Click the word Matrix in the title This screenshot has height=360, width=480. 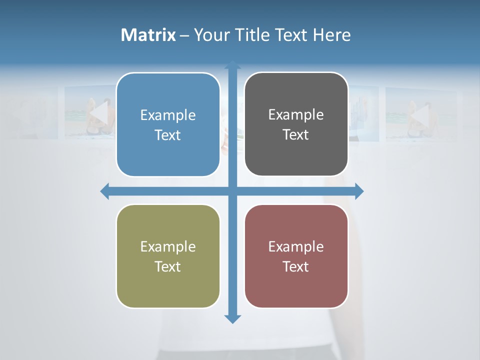[148, 35]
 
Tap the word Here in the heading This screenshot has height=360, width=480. [331, 35]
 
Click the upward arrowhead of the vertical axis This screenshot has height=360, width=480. [232, 65]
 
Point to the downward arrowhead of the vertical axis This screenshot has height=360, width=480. [232, 318]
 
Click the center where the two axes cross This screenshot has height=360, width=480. [232, 191]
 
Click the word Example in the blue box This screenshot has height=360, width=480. [168, 115]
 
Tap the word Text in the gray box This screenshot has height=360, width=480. [296, 135]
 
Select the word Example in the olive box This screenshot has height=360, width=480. [168, 247]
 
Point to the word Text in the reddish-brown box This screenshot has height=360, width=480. [296, 267]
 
